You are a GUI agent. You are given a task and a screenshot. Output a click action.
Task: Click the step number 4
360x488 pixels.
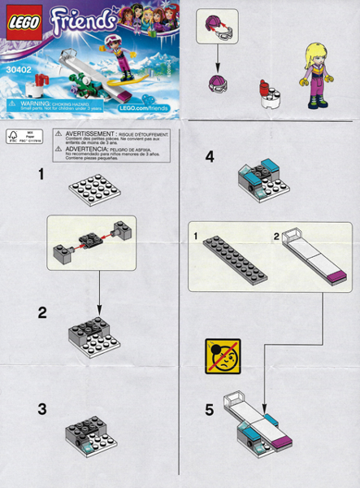(210, 157)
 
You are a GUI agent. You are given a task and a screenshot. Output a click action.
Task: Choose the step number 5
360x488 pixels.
(210, 411)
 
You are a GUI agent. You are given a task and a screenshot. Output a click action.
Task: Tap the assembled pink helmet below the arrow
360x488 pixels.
(218, 81)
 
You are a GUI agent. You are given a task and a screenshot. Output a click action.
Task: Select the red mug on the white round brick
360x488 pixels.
(264, 87)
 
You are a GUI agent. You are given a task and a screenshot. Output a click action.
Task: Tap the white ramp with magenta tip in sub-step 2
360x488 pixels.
(309, 261)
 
